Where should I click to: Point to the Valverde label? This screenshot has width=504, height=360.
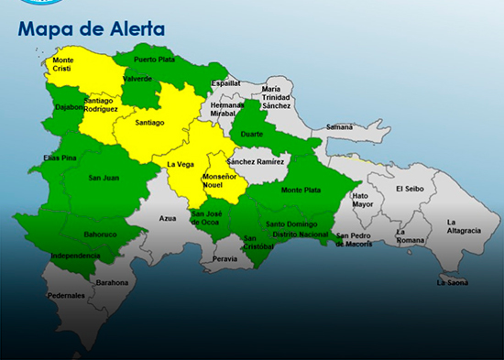(x=137, y=79)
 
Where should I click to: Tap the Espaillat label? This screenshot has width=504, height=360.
(x=225, y=83)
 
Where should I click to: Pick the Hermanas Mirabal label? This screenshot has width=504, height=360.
(x=227, y=110)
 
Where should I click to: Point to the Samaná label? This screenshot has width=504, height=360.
(x=339, y=126)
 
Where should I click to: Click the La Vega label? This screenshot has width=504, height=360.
(x=179, y=165)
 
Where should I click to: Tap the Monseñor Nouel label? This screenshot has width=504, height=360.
(x=219, y=180)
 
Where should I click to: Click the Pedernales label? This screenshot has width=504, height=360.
(x=66, y=296)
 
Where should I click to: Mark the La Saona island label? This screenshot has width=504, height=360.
(x=453, y=282)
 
